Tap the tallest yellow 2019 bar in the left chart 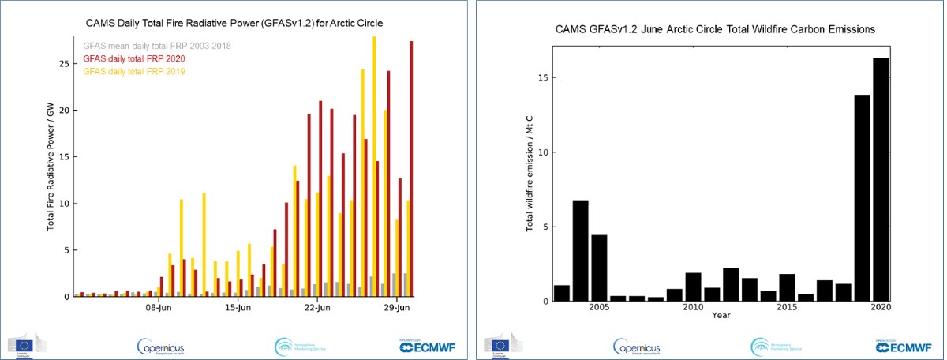[x=374, y=166]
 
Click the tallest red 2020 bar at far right [x=411, y=170]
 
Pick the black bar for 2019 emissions [x=862, y=197]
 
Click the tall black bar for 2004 [x=580, y=250]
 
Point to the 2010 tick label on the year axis [x=693, y=307]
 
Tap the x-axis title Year [x=721, y=316]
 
